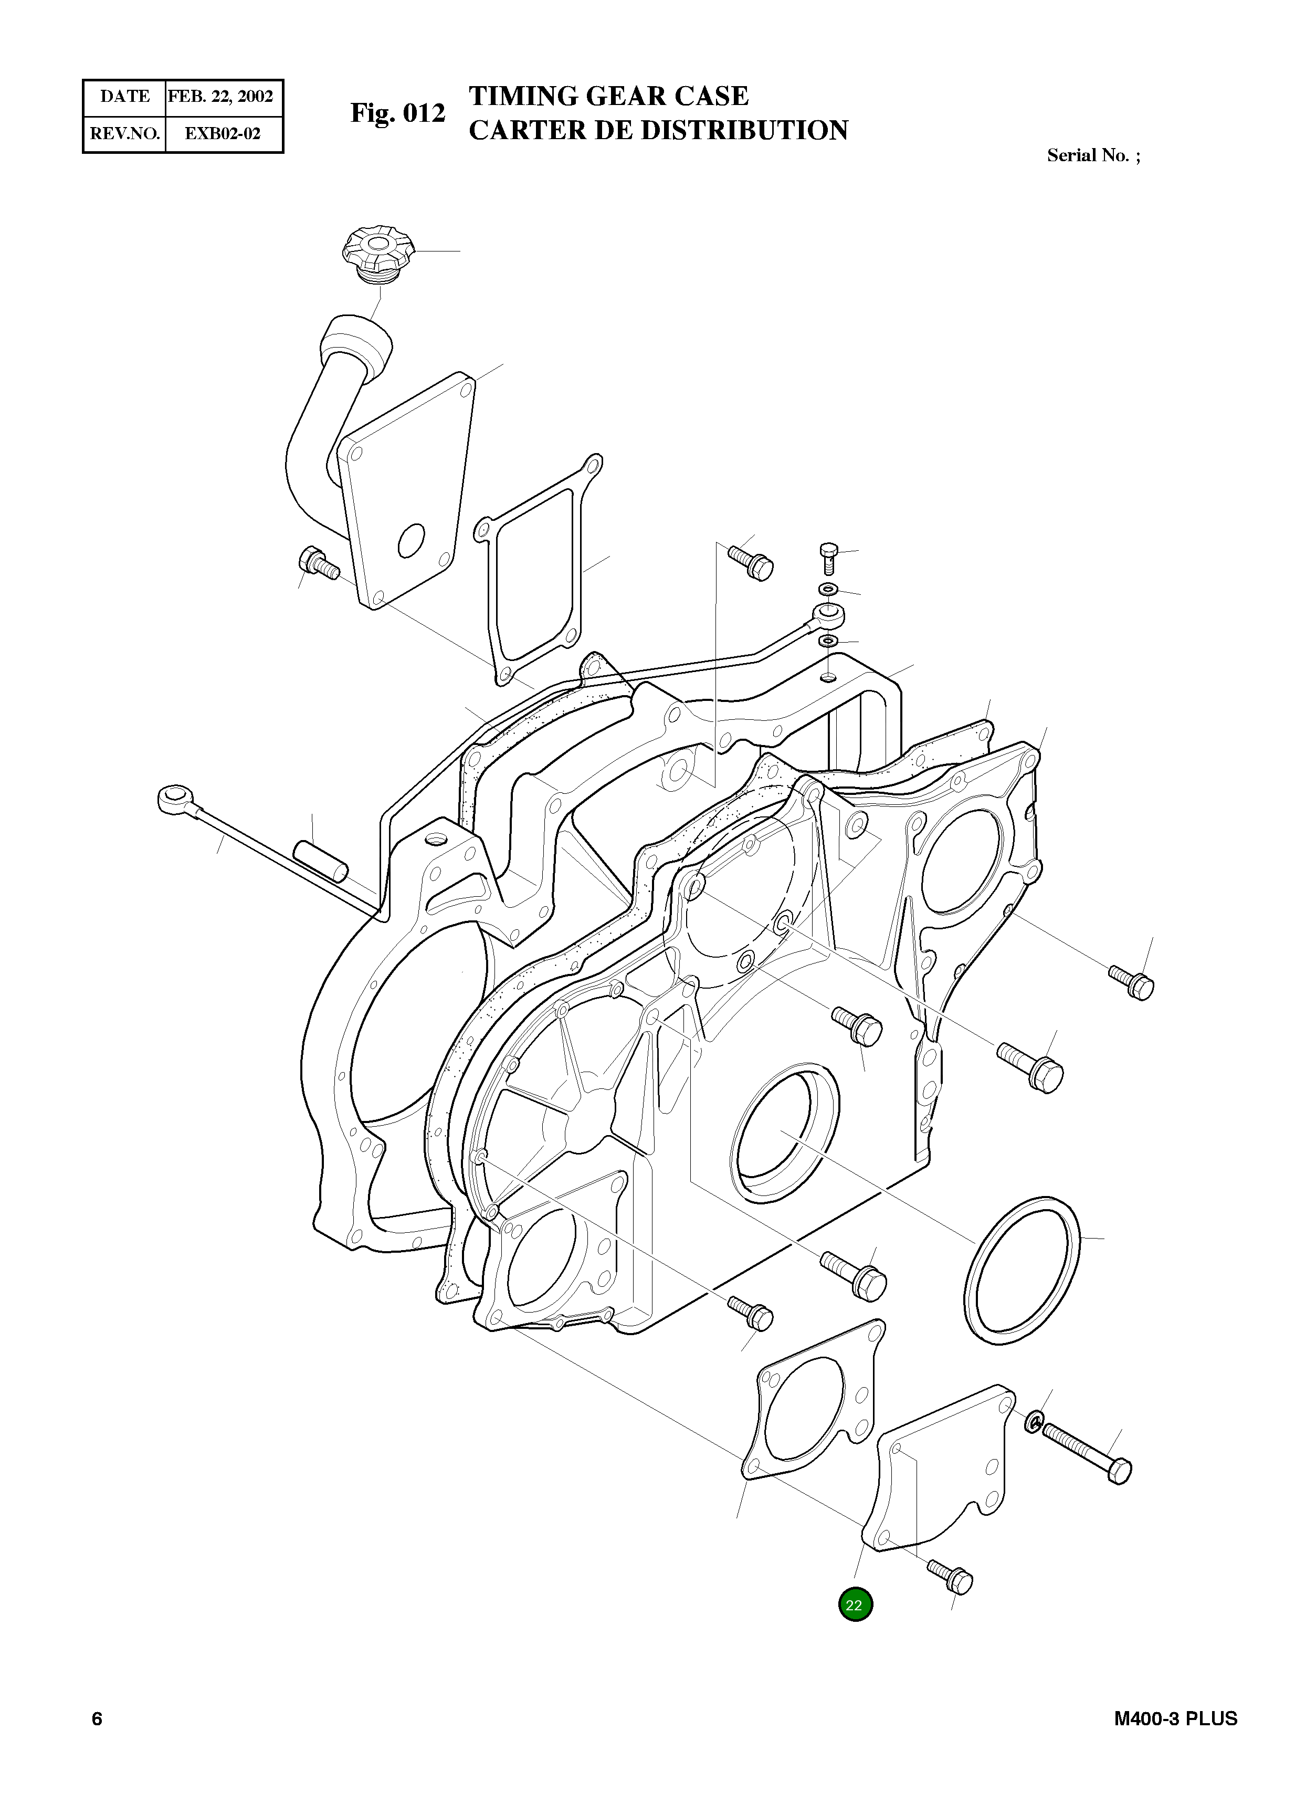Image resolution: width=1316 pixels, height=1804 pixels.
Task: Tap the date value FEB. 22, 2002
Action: [x=220, y=97]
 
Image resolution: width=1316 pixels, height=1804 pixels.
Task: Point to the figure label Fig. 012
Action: [x=397, y=113]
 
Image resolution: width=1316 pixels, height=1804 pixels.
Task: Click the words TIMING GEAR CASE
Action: [x=608, y=96]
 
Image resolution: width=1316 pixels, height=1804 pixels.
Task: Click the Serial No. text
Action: [x=1092, y=155]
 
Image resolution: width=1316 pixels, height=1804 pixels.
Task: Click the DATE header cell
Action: [x=124, y=97]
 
